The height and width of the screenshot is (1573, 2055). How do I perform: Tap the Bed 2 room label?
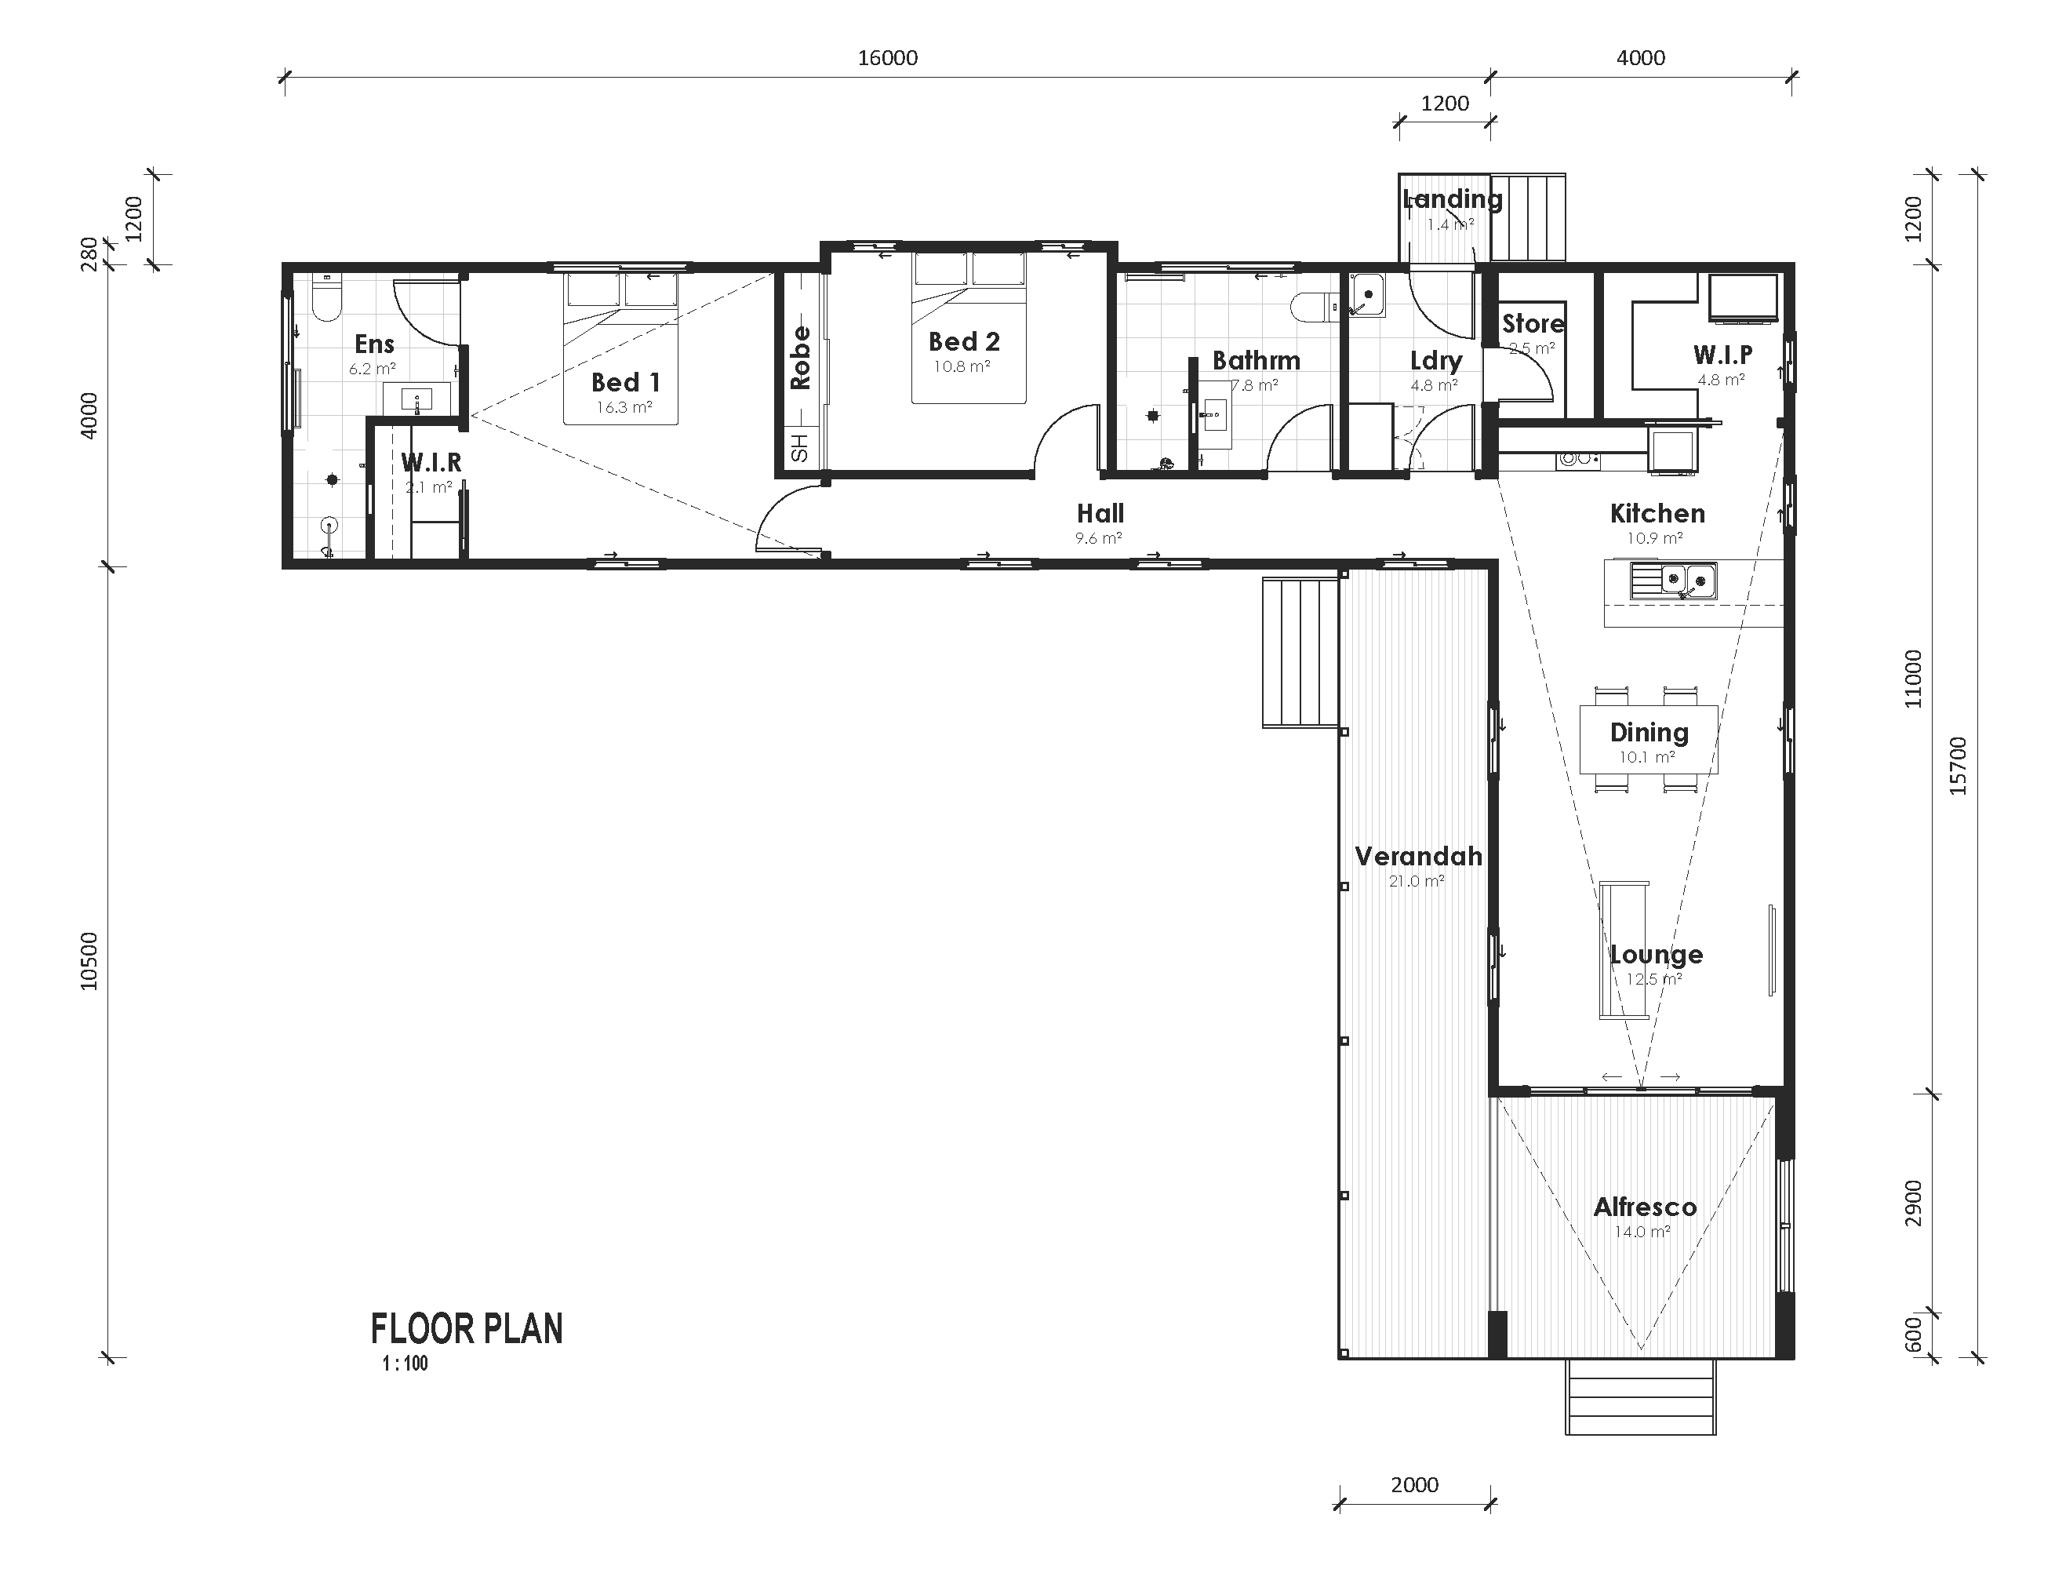point(963,342)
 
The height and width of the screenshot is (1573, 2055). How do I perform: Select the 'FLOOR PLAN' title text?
point(466,1330)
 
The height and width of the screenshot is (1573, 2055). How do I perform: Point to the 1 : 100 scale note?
point(405,1364)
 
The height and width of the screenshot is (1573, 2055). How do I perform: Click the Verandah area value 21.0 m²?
point(1416,881)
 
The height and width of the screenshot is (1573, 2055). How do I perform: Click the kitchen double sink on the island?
point(1674,581)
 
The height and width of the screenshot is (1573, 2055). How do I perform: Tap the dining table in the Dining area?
point(1648,740)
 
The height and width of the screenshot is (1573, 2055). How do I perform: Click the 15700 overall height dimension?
point(1958,766)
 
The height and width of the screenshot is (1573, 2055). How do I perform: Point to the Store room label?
point(1533,324)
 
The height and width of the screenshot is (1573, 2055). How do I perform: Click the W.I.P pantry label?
point(1722,355)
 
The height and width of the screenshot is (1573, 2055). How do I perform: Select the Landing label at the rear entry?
point(1451,198)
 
